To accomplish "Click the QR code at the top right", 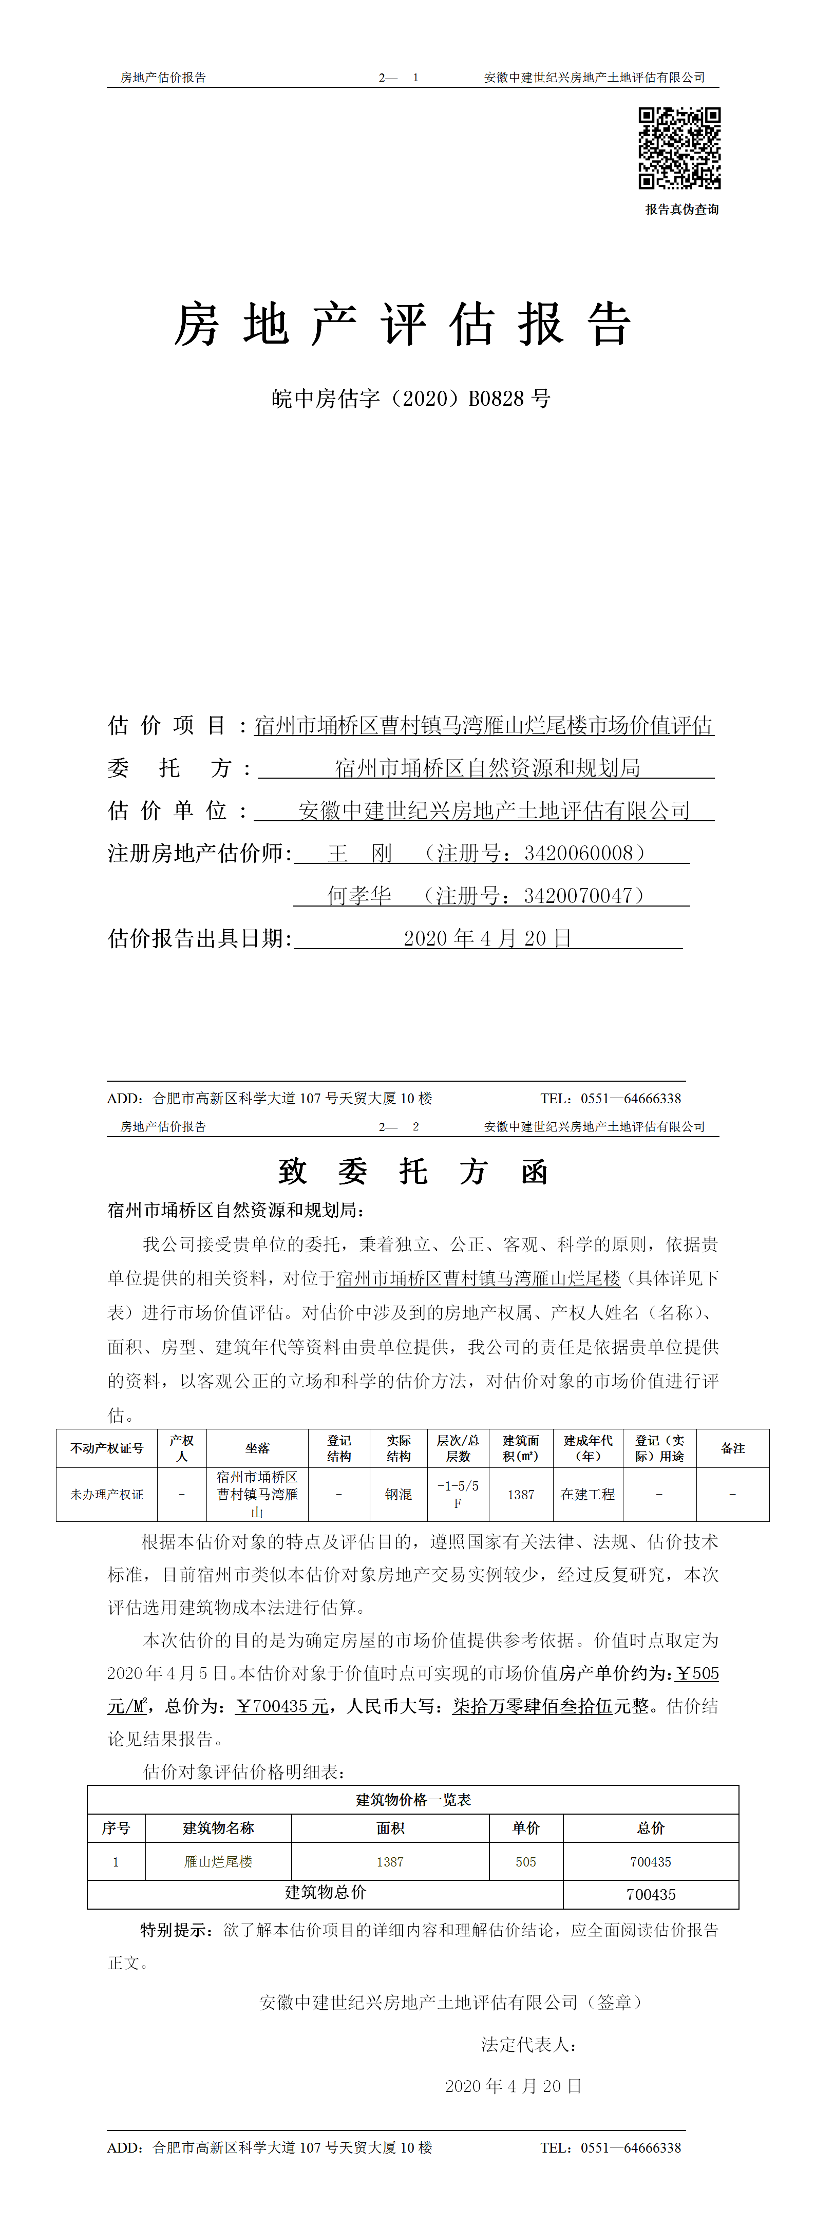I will coord(679,148).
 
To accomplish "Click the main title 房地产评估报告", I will coord(403,326).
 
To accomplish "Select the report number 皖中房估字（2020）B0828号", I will coord(411,399).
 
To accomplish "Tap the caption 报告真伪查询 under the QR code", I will coord(681,209).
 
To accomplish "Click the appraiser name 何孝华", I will coord(359,896).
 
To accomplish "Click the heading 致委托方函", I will coord(413,1172).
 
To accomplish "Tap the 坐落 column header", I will coord(257,1448).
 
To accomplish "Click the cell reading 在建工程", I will coord(588,1494).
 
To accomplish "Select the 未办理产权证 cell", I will coord(107,1494).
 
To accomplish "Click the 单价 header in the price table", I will coord(526,1827).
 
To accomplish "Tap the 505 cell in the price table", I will coord(526,1862).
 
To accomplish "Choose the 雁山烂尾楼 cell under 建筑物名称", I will coord(218,1862).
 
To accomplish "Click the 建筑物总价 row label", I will coord(326,1893).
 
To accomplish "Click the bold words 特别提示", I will coord(175,1930).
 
